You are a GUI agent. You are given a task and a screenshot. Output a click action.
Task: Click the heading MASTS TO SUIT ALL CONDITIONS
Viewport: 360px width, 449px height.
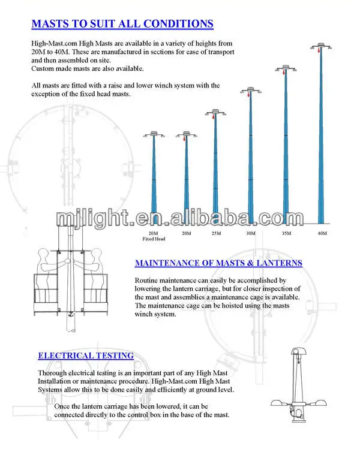click(122, 25)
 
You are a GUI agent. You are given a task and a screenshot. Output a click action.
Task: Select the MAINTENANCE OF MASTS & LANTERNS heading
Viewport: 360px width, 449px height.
click(218, 263)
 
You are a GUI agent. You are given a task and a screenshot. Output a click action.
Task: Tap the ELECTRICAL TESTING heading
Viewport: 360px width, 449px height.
click(86, 355)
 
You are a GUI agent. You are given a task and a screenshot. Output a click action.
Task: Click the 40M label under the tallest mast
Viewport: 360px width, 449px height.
click(322, 233)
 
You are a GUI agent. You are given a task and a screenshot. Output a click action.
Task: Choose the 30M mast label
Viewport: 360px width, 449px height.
click(250, 233)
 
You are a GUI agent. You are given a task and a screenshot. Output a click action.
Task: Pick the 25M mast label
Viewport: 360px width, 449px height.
click(215, 233)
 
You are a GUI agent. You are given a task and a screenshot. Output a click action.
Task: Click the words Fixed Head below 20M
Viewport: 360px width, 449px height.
click(154, 238)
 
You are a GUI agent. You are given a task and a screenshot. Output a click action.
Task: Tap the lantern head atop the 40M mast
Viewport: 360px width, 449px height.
click(322, 46)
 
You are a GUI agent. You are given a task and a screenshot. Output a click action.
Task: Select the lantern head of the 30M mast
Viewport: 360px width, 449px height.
click(250, 91)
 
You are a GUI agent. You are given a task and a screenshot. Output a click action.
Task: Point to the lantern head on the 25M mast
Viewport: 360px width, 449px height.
click(215, 112)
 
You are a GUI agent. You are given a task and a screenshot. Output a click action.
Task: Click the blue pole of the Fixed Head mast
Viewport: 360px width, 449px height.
click(154, 180)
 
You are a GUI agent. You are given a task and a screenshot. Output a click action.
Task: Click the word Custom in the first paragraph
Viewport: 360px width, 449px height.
click(43, 69)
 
